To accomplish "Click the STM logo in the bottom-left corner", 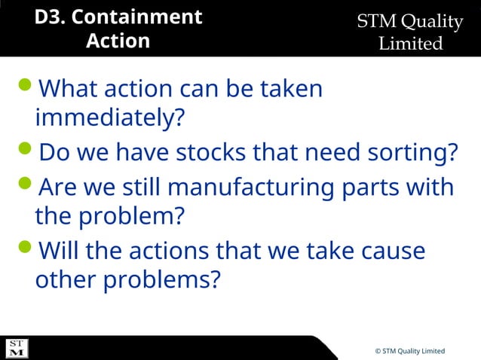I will (x=17, y=348).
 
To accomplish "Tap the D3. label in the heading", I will (x=50, y=17).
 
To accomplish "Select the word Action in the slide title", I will (x=118, y=41).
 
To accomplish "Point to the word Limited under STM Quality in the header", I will (x=410, y=44).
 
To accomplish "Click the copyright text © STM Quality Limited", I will (x=409, y=352).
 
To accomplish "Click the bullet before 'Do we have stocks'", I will (x=24, y=153).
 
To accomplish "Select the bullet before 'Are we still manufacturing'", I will (x=24, y=185).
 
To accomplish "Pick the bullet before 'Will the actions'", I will (x=24, y=249).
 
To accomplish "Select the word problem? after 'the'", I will (x=131, y=217).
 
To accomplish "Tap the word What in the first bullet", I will (x=69, y=89).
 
